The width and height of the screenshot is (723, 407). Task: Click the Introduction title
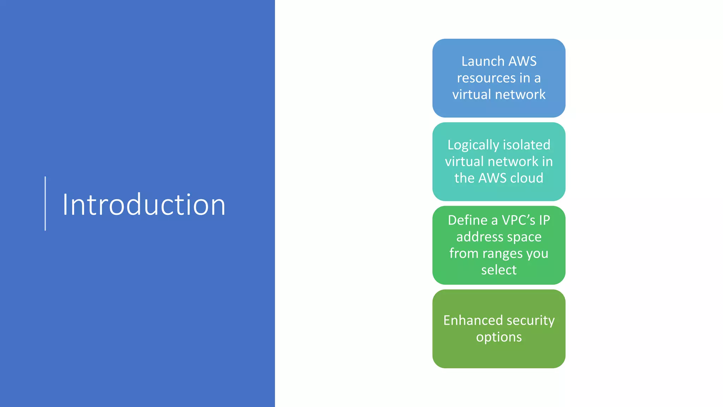tap(144, 205)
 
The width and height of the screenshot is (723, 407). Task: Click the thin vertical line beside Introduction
tap(45, 203)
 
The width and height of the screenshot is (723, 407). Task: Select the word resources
tap(486, 78)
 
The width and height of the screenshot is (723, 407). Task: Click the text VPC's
tap(518, 220)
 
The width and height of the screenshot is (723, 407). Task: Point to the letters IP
tap(544, 220)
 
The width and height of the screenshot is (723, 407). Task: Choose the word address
tap(479, 237)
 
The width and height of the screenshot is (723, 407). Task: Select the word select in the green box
tap(499, 270)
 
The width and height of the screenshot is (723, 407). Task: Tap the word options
tap(499, 337)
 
